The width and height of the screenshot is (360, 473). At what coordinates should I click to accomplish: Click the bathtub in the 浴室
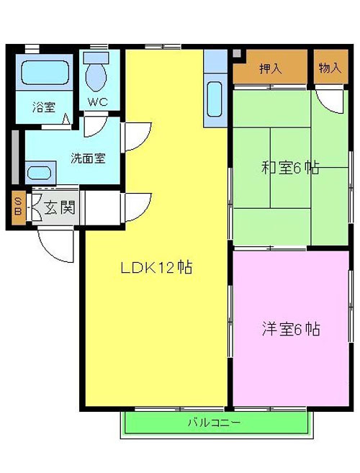44,73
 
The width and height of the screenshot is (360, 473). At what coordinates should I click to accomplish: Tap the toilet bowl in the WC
96,76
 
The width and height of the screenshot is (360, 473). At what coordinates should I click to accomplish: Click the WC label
97,102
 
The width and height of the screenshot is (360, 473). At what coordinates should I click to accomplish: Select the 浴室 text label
44,107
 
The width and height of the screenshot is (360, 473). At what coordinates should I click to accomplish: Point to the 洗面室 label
88,158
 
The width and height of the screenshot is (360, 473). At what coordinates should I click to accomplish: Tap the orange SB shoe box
19,208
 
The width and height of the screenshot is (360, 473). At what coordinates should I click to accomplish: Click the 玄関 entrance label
60,208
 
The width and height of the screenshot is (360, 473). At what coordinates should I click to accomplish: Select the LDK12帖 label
156,267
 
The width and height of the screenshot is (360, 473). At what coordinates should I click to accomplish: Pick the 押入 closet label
271,69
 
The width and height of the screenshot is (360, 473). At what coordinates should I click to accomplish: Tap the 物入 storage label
330,68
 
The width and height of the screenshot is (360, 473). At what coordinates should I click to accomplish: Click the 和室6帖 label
289,168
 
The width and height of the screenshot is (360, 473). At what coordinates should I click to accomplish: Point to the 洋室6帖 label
291,329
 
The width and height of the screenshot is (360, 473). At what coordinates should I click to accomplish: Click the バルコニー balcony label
215,423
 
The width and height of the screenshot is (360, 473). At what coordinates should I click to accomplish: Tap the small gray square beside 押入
237,53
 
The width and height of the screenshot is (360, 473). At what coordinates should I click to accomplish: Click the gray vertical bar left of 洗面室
15,157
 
